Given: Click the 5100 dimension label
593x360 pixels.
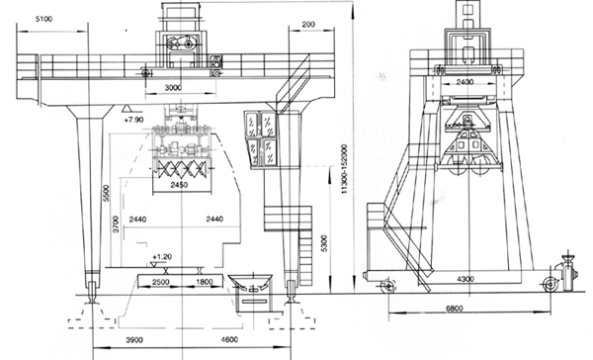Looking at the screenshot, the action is pos(43,19).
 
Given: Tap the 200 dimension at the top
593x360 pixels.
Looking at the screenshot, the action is pos(308,24).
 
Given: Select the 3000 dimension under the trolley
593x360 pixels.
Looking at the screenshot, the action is pos(173,87).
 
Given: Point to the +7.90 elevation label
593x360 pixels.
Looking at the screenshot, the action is pos(133,120).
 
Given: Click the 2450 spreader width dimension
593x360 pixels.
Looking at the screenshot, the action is pos(179,185).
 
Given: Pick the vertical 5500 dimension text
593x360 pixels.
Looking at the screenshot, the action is pos(107,193).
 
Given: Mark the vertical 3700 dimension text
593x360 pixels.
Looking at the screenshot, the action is pos(116,224).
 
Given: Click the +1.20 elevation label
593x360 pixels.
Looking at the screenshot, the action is pos(162,257).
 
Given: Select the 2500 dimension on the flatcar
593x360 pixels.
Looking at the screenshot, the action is pos(161,282).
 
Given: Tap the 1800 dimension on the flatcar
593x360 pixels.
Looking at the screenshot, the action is pos(205,282).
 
